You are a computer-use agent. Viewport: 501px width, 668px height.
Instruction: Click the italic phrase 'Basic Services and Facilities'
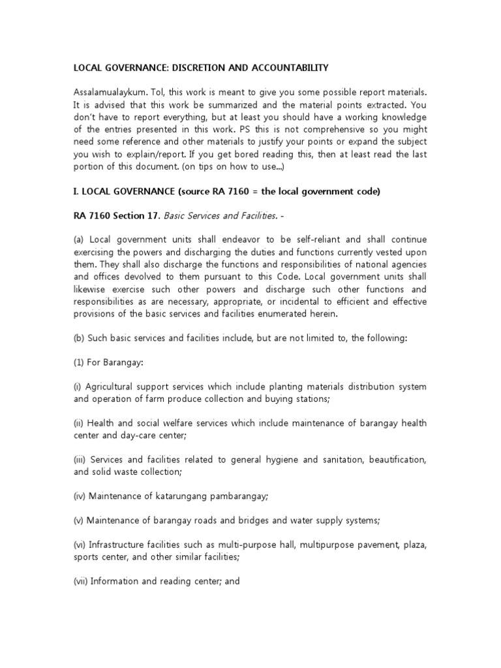coord(213,215)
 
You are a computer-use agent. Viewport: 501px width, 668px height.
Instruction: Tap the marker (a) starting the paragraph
coord(79,240)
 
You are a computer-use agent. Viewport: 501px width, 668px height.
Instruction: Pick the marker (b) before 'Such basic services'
coord(79,338)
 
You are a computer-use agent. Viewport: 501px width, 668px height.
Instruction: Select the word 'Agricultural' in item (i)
coord(110,387)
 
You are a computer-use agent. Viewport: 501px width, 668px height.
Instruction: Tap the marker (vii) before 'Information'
coord(80,582)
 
